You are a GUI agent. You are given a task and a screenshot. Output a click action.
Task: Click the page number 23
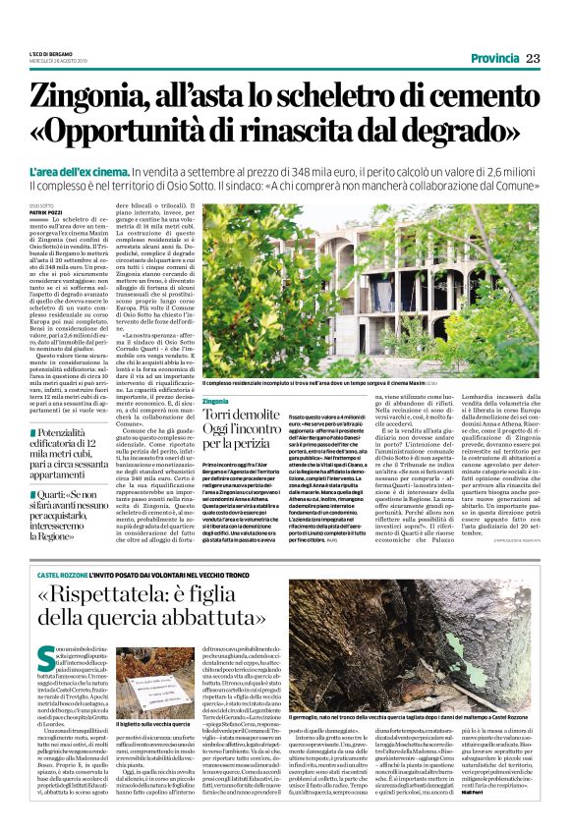[534, 59]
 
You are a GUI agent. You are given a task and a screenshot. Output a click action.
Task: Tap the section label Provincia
[493, 59]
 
